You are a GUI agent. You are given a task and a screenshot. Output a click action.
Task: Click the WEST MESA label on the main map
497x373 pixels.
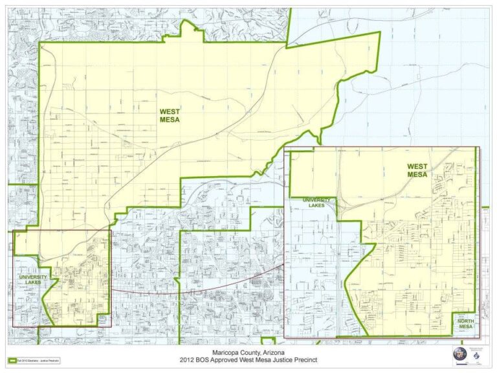(170, 115)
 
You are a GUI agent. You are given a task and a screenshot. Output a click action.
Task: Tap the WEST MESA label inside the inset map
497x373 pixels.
(417, 170)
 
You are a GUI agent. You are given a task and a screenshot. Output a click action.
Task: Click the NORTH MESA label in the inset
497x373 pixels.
(465, 324)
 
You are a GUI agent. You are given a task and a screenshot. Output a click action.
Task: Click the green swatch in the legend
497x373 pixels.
(12, 360)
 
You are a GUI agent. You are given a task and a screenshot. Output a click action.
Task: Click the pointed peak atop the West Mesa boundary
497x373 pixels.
(189, 22)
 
